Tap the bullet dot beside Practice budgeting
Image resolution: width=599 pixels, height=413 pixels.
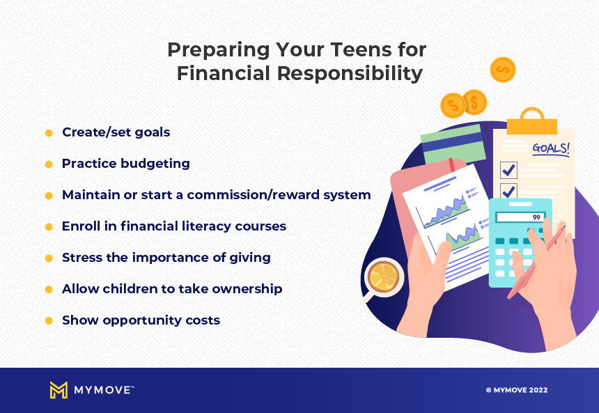49,164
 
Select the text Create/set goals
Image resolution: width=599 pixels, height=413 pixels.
116,132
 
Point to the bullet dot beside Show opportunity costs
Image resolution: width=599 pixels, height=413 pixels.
49,321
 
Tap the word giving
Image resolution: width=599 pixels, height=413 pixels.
250,258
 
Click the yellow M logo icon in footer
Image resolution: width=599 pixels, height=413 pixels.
59,390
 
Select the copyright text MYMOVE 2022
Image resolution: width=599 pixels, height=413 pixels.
517,390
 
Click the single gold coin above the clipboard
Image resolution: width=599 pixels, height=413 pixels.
503,70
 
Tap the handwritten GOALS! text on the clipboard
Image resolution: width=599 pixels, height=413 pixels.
551,148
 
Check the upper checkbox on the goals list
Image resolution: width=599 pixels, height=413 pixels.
508,170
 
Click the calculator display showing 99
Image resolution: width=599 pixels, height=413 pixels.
520,217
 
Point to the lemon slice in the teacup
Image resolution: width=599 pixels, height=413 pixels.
383,276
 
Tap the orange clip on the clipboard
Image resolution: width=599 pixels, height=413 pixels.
531,121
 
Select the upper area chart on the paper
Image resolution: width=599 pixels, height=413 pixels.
444,212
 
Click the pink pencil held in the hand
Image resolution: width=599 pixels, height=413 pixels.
536,262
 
